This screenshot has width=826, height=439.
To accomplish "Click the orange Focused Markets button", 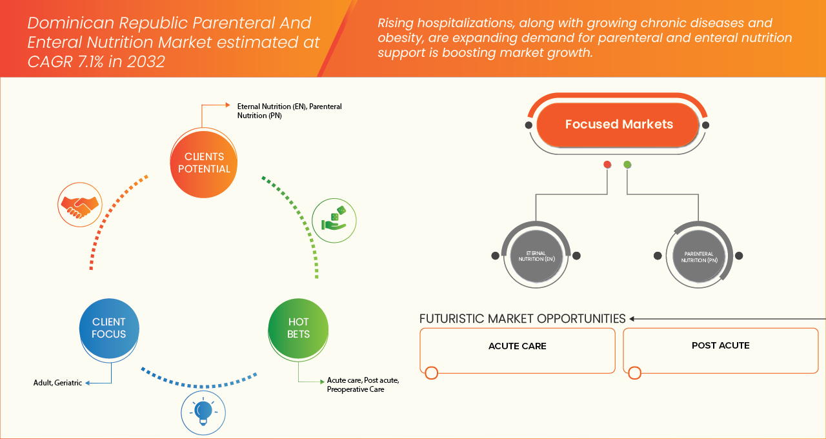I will point(618,125).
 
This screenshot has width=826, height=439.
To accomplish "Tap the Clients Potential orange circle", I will point(203,163).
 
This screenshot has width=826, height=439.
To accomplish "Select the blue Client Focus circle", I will point(109,328).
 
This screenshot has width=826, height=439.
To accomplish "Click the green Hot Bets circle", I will point(298,328).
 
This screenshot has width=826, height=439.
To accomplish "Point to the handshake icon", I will point(79,205).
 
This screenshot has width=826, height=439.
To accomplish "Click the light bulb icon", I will point(203,411).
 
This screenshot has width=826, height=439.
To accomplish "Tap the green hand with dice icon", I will point(334,220).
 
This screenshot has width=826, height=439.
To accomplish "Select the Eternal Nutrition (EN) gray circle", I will point(536,256).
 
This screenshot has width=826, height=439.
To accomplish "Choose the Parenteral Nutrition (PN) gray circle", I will point(698,256).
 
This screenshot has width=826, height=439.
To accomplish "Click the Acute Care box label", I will point(517,346).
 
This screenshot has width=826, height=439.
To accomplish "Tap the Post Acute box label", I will point(720,345).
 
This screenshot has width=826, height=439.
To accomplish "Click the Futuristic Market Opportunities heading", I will point(522,319).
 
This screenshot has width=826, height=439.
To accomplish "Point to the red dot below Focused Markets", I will point(607,165).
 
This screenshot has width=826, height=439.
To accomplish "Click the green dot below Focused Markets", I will point(627,165).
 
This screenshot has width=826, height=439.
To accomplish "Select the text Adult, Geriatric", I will point(57,383).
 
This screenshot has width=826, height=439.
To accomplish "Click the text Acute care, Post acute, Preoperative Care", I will point(363,385).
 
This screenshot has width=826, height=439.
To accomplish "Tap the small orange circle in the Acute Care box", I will point(432,373).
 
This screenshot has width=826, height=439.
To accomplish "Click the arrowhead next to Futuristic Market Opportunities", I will point(632,319).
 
